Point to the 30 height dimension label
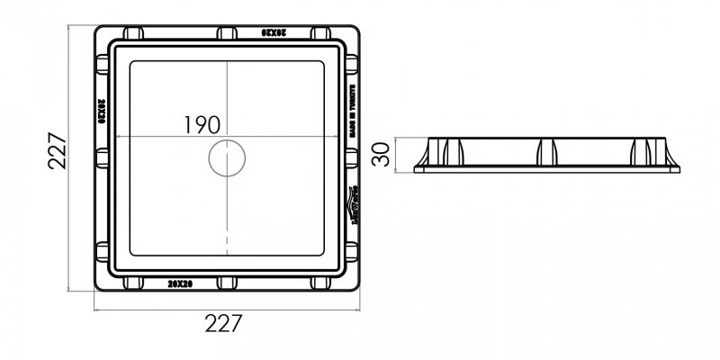[x=382, y=153]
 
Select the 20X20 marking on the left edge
[x=101, y=110]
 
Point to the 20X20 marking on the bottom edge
[x=180, y=283]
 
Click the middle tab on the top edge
[x=227, y=33]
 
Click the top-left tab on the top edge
[x=133, y=33]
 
